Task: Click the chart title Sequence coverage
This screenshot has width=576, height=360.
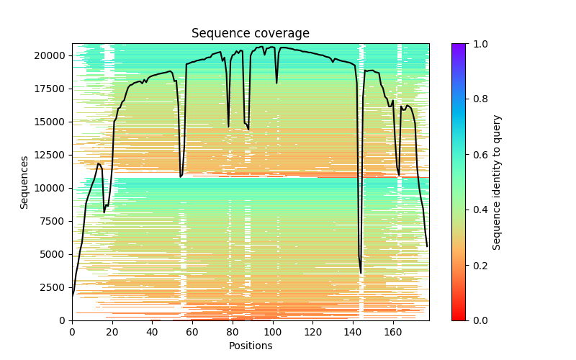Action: click(251, 34)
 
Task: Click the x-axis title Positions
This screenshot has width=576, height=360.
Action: click(251, 346)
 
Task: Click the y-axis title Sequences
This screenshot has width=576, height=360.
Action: click(24, 182)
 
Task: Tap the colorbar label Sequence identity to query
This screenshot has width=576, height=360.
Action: click(497, 182)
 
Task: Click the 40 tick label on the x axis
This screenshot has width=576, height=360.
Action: click(152, 332)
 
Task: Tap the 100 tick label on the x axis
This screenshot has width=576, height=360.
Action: click(272, 332)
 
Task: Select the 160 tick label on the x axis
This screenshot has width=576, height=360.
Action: click(392, 332)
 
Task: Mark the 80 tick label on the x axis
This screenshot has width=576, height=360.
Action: click(232, 332)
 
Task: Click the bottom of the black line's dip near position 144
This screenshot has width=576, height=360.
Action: click(361, 274)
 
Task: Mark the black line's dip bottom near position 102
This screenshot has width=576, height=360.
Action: click(276, 83)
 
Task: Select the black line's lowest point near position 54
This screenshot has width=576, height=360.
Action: click(181, 176)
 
